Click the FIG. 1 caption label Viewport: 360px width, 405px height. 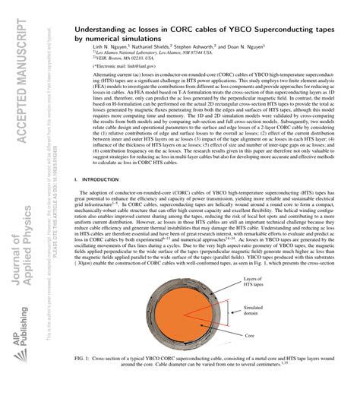84,378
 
